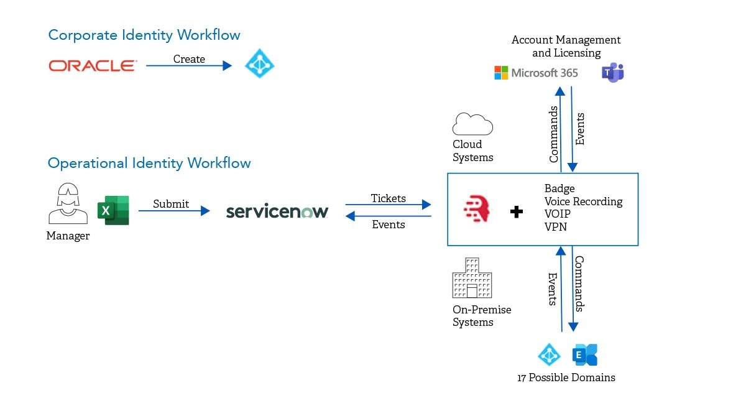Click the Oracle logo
(92, 65)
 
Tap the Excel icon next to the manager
(113, 210)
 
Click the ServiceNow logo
(277, 211)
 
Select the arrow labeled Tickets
(388, 204)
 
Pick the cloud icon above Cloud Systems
(472, 124)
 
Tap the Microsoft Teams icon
(612, 73)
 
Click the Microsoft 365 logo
(536, 73)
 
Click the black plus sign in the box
(516, 212)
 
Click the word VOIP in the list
(557, 214)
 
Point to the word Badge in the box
(559, 188)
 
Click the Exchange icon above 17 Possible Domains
(585, 355)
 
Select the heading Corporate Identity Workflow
(144, 35)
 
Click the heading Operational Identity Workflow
(149, 163)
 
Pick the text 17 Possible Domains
(566, 377)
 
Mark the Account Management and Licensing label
(566, 47)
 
